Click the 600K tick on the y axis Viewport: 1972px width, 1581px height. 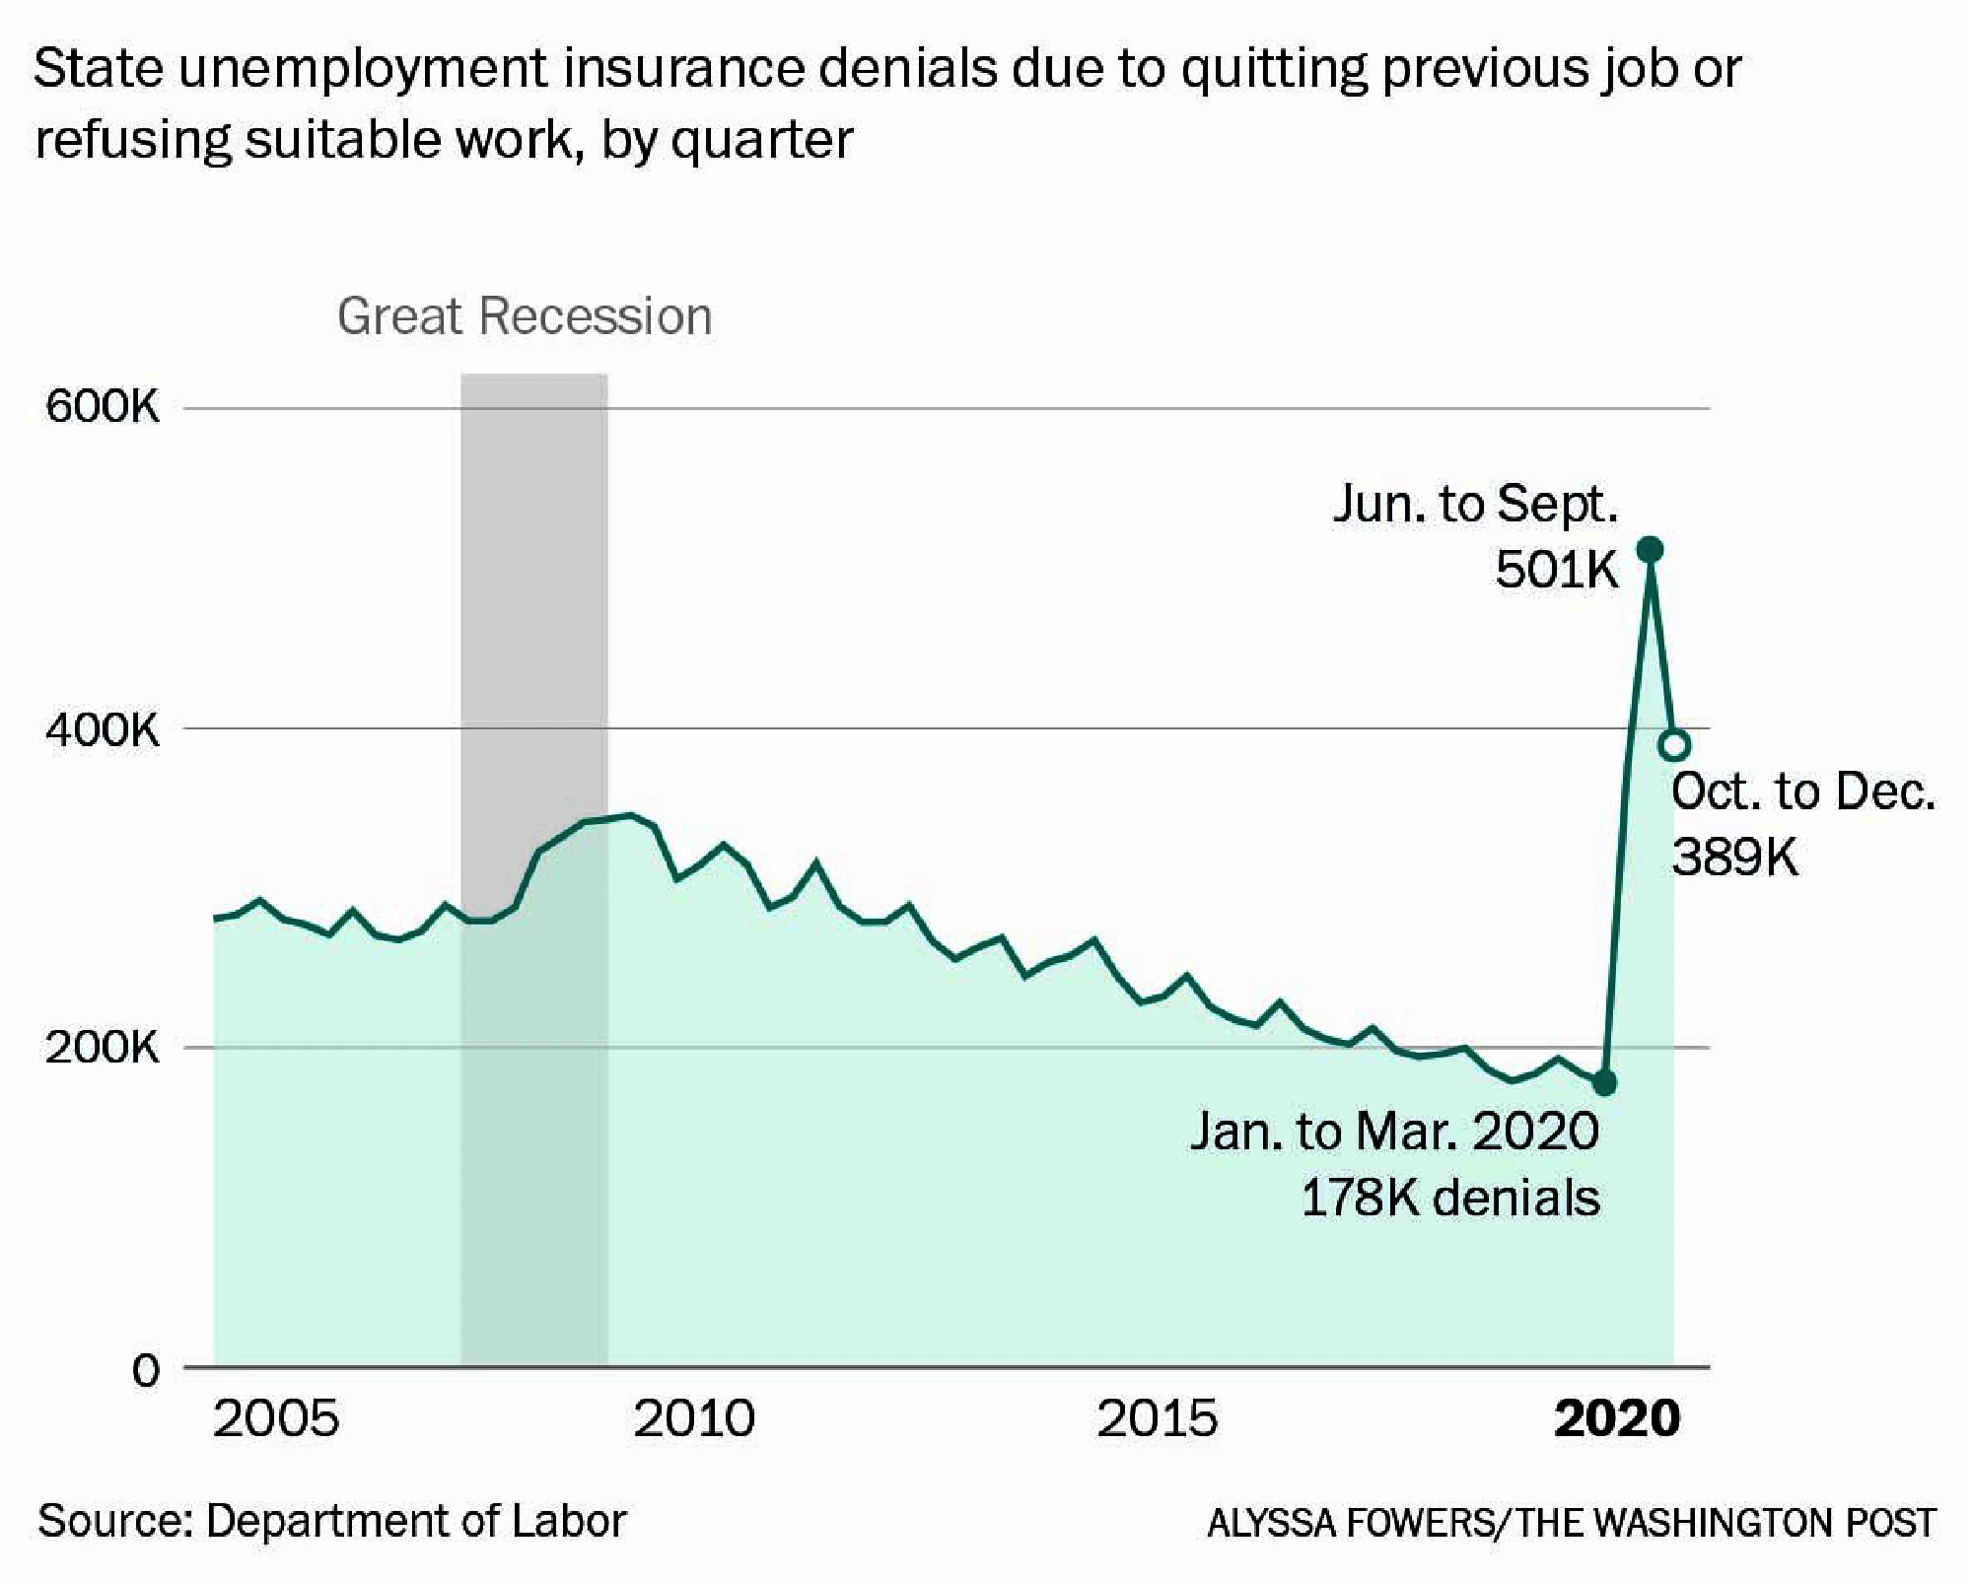point(102,407)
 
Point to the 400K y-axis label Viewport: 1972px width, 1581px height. point(102,729)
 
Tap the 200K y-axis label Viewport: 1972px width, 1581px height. point(102,1048)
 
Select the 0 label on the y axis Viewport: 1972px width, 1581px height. point(145,1370)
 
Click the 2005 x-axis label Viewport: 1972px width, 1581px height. point(276,1419)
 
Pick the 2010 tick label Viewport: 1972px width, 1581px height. point(694,1419)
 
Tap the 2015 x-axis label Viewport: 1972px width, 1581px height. point(1158,1419)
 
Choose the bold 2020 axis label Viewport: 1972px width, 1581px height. point(1617,1419)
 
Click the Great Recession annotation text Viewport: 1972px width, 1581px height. point(524,317)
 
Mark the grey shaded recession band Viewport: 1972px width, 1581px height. point(533,591)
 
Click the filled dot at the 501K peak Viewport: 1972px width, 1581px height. point(1650,550)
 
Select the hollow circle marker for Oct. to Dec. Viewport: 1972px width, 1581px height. point(1674,745)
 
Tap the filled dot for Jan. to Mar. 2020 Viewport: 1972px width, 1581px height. point(1604,1083)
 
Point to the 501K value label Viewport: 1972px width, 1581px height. point(1556,570)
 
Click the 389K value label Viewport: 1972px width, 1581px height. point(1734,858)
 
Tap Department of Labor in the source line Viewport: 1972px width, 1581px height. point(415,1521)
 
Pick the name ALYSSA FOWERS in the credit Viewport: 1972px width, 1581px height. point(1350,1524)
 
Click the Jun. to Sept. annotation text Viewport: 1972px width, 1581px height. point(1475,505)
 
